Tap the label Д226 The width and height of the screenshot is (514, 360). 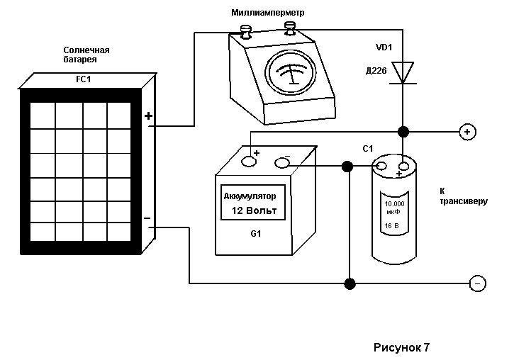tap(376, 70)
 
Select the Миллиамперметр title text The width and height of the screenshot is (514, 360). tap(268, 13)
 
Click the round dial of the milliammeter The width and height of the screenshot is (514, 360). tap(291, 72)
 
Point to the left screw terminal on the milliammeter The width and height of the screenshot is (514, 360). tap(245, 32)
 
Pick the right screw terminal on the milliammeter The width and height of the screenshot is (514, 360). tap(290, 28)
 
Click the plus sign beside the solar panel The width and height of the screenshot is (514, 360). tap(148, 116)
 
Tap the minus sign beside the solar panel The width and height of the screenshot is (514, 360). tap(147, 218)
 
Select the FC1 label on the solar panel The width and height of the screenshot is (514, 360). tap(83, 79)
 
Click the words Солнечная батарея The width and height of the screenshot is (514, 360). tap(86, 55)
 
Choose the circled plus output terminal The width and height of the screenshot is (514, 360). tap(467, 132)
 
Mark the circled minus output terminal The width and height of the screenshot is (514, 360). tap(478, 283)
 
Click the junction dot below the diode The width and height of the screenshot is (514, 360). tap(403, 132)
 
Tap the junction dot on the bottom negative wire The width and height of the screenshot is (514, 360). tap(350, 283)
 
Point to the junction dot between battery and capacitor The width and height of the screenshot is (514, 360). tap(347, 167)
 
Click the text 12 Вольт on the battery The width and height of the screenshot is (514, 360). tap(254, 210)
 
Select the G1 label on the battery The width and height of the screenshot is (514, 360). tap(256, 234)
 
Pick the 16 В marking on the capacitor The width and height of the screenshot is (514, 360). tap(392, 225)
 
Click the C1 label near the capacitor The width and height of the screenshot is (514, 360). tap(368, 149)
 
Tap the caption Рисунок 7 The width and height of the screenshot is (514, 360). tap(401, 347)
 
